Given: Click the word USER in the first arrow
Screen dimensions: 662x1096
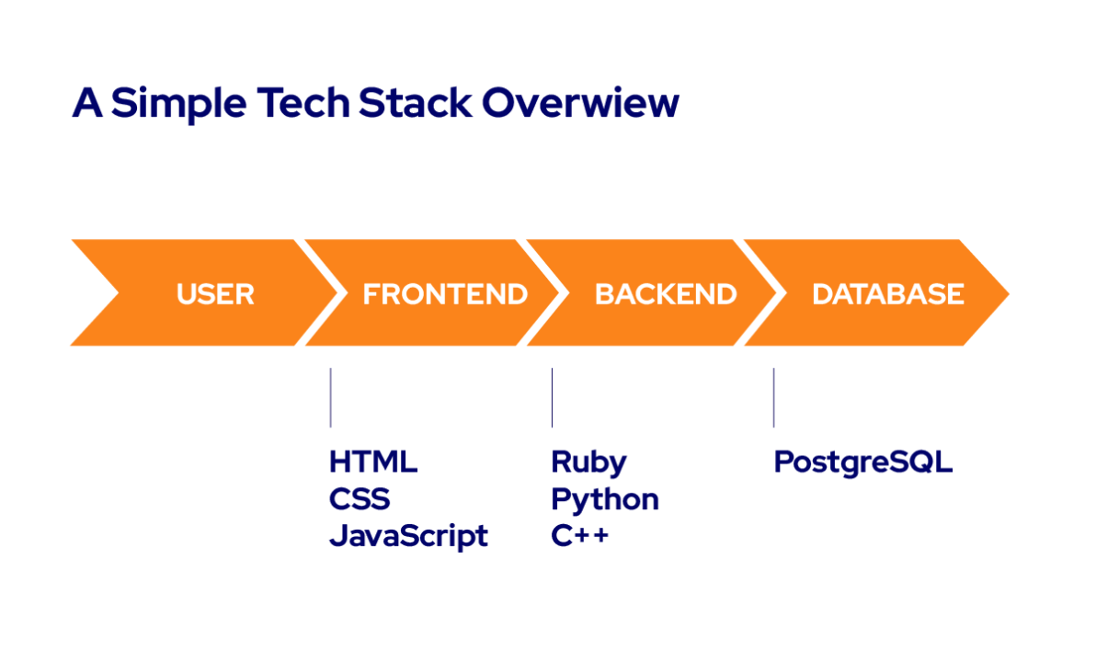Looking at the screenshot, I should (x=215, y=294).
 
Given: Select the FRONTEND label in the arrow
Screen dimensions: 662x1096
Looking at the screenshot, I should (x=445, y=294).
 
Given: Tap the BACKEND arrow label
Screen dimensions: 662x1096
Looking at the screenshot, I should (x=666, y=294).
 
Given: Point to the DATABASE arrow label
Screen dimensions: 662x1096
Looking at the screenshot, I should (x=888, y=294).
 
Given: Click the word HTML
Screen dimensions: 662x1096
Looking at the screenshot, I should (x=373, y=462).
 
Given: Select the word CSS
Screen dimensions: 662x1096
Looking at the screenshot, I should (x=360, y=499).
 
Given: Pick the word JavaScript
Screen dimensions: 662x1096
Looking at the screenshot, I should (x=408, y=536).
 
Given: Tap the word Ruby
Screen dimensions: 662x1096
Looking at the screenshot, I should (x=588, y=462).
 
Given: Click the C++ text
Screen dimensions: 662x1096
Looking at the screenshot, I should (x=579, y=536).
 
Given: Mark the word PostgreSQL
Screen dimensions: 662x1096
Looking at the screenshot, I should (x=862, y=462).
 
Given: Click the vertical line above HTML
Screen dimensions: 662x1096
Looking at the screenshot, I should (x=330, y=397).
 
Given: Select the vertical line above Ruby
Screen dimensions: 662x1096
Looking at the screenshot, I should (x=552, y=397).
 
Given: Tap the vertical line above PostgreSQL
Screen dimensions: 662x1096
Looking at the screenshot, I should (x=773, y=397).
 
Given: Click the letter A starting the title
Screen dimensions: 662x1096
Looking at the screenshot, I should (x=86, y=103).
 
